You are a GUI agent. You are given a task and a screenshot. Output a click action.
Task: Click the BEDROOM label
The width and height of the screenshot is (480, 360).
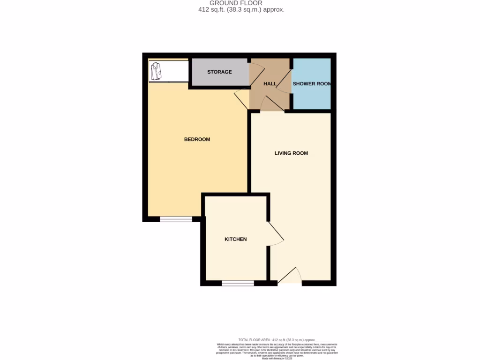tap(197, 139)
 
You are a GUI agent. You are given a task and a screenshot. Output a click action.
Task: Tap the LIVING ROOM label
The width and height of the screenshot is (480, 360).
tap(291, 153)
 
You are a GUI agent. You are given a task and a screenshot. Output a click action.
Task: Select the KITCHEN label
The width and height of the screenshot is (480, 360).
tap(235, 239)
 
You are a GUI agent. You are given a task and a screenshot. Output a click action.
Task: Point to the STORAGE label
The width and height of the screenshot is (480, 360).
tap(219, 72)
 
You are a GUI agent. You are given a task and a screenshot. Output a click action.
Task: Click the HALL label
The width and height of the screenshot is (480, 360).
tap(270, 83)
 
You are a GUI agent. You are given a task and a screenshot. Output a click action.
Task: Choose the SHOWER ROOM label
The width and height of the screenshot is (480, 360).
tap(312, 83)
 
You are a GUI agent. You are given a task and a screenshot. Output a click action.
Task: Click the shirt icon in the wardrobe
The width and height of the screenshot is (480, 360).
tap(156, 71)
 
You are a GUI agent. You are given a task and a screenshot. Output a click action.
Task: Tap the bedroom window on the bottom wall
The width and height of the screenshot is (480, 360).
tap(176, 219)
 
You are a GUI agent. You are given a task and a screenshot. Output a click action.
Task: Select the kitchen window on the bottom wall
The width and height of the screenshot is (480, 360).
tap(238, 283)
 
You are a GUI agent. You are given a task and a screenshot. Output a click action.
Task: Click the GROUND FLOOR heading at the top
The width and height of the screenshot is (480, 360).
tap(236, 3)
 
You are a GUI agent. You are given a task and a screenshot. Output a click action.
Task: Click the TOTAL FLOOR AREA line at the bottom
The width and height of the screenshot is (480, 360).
tap(276, 339)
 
